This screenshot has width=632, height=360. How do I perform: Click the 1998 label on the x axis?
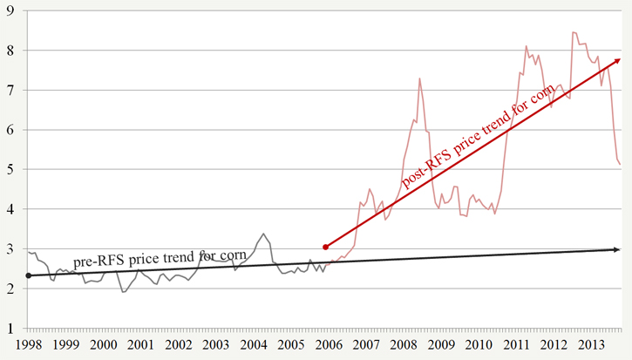click(29, 345)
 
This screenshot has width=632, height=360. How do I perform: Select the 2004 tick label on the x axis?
click(254, 345)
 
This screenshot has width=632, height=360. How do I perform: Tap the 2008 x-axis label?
click(404, 345)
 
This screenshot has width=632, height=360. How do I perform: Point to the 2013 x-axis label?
click(591, 345)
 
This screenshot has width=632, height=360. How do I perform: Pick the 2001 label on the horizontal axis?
click(141, 345)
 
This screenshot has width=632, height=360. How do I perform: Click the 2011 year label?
click(516, 345)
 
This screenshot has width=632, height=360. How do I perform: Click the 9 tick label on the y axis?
click(10, 10)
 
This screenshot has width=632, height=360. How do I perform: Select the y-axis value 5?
click(10, 170)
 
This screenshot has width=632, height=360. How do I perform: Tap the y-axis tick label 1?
click(10, 329)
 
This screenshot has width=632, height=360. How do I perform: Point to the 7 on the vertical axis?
click(10, 90)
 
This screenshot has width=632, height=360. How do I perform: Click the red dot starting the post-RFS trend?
click(325, 247)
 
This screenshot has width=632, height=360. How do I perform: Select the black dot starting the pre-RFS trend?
click(29, 275)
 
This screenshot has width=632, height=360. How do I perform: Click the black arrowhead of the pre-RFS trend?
click(615, 250)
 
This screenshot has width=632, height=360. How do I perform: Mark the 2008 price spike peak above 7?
click(420, 78)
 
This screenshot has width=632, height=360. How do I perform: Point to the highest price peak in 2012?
click(573, 32)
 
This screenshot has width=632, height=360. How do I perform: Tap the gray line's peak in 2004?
click(263, 234)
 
